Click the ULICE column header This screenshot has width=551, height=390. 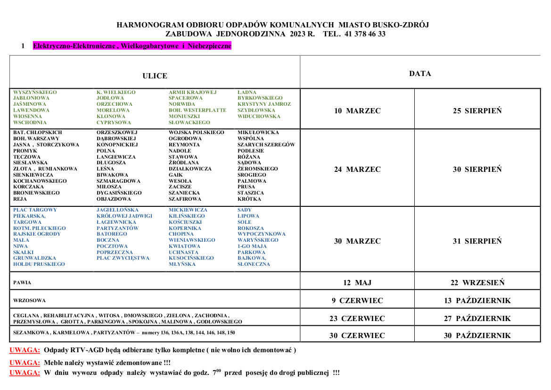(155, 76)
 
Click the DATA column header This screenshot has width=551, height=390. (420, 74)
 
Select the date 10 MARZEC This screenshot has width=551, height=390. (357, 111)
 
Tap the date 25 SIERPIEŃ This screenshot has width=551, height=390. (477, 111)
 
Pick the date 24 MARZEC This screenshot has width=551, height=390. (357, 170)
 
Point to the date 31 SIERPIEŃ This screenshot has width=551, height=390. (477, 241)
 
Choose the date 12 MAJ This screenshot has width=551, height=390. (357, 283)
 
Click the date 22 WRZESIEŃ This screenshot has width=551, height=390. (477, 283)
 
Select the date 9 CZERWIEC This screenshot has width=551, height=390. (357, 301)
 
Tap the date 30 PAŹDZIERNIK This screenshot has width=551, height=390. (477, 336)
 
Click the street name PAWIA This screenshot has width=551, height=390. (22, 283)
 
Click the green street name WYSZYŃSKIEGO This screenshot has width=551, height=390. (35, 92)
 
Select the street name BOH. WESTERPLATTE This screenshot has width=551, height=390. (197, 110)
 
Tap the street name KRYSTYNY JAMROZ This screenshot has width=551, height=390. (264, 104)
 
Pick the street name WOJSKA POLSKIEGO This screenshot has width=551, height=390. (197, 133)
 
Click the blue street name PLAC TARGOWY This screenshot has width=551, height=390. (35, 210)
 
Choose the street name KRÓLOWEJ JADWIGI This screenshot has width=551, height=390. (124, 216)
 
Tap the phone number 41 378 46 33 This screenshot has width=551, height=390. (365, 34)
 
